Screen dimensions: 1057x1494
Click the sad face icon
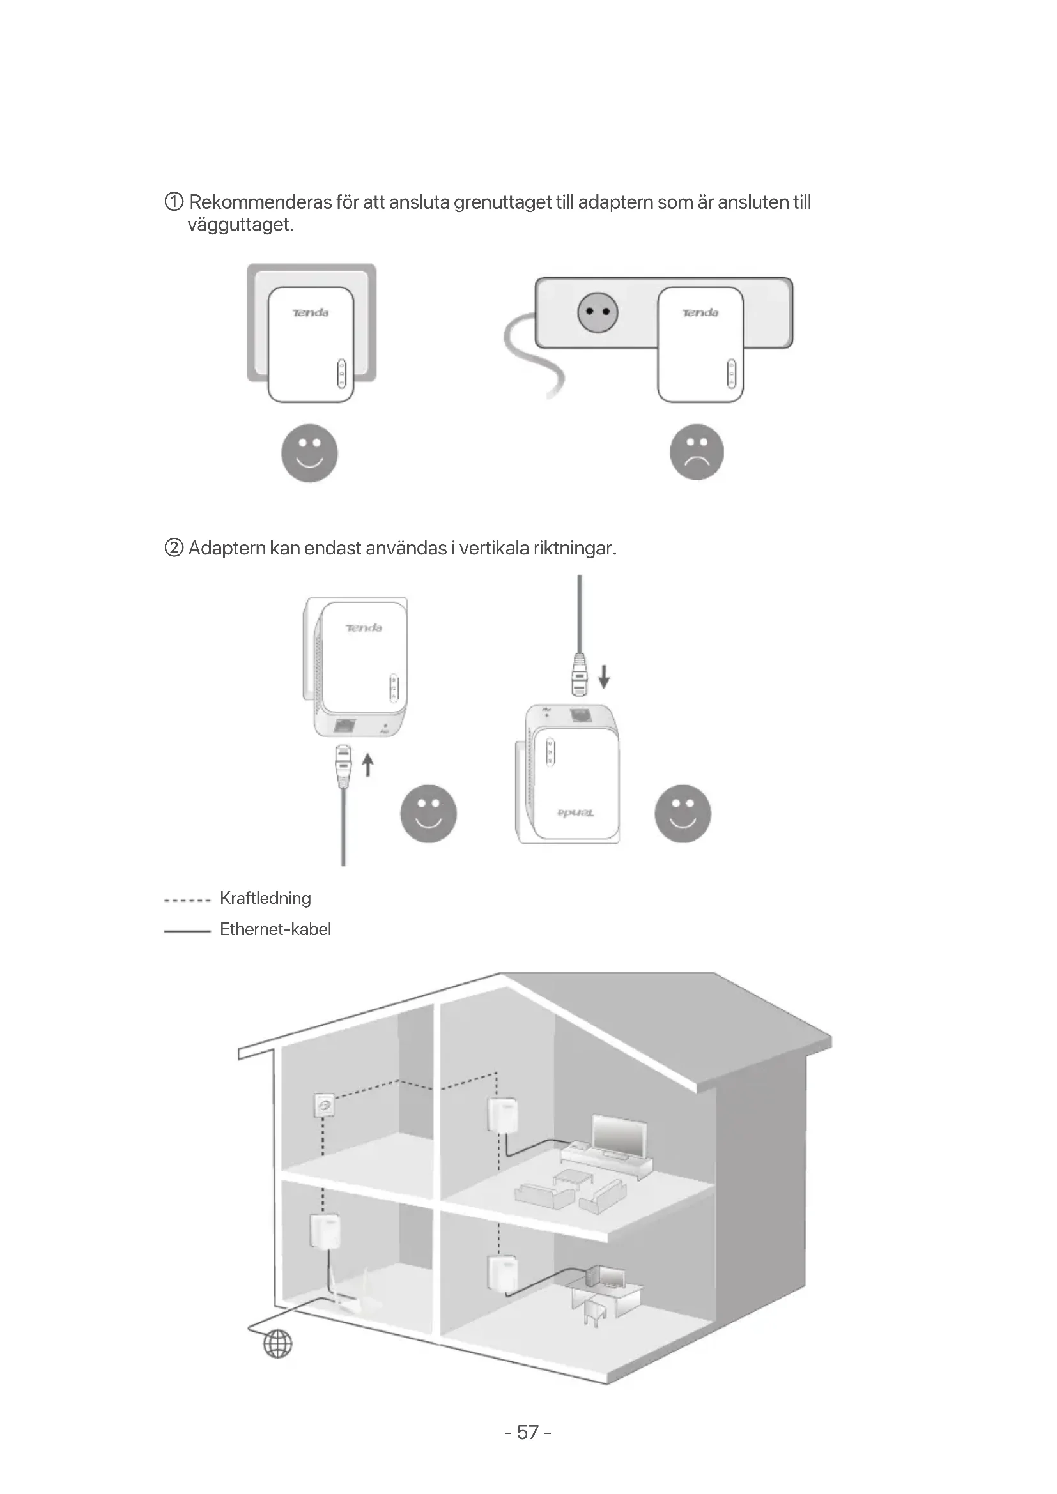(x=697, y=452)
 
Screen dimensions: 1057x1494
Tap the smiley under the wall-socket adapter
(x=309, y=453)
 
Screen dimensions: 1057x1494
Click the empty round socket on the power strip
(x=598, y=313)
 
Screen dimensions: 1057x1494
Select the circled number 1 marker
(x=174, y=202)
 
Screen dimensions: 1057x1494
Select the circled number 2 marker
(x=174, y=548)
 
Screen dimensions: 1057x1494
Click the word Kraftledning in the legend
(x=265, y=898)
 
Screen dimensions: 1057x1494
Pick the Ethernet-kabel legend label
(x=275, y=929)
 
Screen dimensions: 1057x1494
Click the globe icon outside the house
(x=278, y=1344)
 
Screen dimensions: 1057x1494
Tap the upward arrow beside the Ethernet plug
(x=368, y=765)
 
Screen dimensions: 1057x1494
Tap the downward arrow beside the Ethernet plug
(x=604, y=676)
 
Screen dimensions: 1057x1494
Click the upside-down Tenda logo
(x=575, y=813)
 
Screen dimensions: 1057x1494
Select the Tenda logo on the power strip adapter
(x=700, y=313)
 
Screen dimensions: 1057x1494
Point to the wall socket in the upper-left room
(x=323, y=1105)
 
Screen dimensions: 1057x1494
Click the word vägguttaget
(x=241, y=225)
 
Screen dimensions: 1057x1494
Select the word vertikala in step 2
(x=494, y=548)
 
